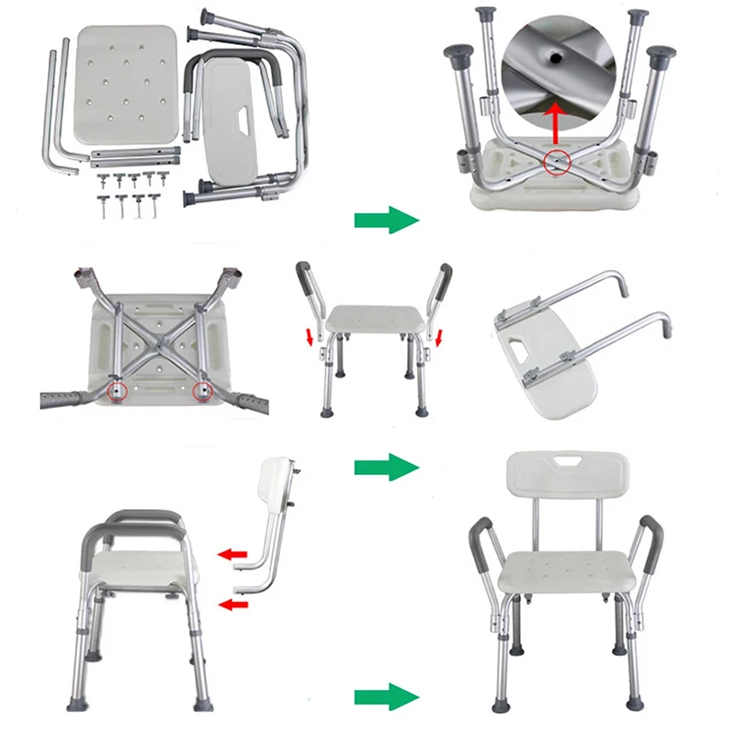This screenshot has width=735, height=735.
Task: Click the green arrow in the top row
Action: coord(386,220)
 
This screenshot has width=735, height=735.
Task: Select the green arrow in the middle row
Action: coord(386,467)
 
